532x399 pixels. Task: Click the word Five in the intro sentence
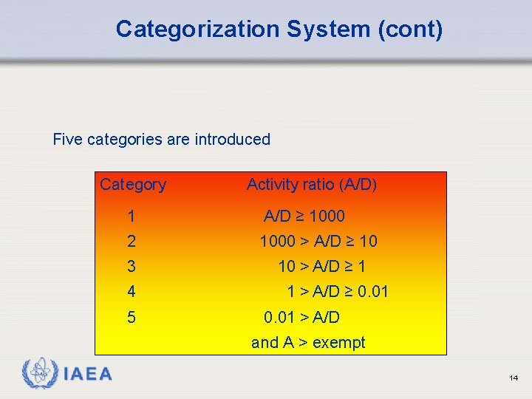pyautogui.click(x=68, y=139)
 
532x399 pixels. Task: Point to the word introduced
pyautogui.click(x=232, y=139)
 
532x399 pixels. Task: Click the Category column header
pyautogui.click(x=133, y=185)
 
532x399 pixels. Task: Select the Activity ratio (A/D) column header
pyautogui.click(x=312, y=185)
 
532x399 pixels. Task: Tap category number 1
pyautogui.click(x=131, y=217)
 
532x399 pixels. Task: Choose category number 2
pyautogui.click(x=131, y=242)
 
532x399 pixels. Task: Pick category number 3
pyautogui.click(x=131, y=267)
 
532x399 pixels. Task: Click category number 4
pyautogui.click(x=131, y=292)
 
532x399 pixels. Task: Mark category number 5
pyautogui.click(x=131, y=318)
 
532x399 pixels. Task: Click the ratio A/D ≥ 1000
pyautogui.click(x=304, y=216)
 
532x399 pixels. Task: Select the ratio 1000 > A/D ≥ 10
pyautogui.click(x=318, y=242)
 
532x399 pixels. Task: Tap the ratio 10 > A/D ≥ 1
pyautogui.click(x=321, y=267)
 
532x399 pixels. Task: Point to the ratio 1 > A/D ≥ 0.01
pyautogui.click(x=338, y=292)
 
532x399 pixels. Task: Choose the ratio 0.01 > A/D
pyautogui.click(x=302, y=318)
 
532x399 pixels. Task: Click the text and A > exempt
pyautogui.click(x=308, y=343)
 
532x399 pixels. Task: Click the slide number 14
pyautogui.click(x=514, y=378)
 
